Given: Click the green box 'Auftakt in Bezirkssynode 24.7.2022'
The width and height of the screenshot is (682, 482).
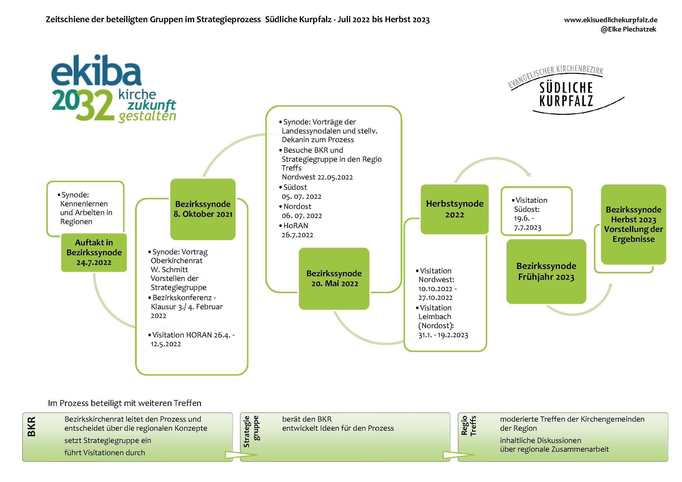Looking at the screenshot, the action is [94, 252].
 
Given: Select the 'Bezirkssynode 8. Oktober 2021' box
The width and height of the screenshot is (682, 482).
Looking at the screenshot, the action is [203, 209].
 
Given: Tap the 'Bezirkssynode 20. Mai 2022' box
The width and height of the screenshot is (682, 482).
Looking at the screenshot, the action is [334, 278].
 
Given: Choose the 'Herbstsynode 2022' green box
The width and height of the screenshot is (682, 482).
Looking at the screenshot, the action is [455, 209].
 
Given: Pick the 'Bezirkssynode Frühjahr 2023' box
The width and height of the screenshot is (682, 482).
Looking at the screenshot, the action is [546, 271].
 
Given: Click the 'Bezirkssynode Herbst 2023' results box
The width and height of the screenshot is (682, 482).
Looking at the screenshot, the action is [633, 224].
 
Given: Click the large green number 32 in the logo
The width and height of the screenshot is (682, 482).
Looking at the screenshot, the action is [97, 105].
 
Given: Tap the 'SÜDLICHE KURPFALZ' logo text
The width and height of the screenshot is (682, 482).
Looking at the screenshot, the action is [566, 94].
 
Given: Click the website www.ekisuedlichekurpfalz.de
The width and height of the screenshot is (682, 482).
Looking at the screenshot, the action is [611, 20].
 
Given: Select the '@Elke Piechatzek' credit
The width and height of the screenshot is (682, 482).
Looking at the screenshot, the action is [628, 29].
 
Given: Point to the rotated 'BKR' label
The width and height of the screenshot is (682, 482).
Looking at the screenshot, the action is [31, 427].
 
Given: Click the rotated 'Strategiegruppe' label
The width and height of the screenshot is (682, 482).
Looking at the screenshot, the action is [251, 431].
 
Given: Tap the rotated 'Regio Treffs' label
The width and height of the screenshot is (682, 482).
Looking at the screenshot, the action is [469, 425].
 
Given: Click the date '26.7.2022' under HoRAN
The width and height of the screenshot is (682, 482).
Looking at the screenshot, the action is [297, 235].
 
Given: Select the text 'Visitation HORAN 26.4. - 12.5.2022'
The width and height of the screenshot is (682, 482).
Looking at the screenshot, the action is [191, 339].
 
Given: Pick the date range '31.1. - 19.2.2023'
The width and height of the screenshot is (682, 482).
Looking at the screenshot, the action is [443, 335].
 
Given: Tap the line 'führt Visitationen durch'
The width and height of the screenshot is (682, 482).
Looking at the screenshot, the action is [105, 453].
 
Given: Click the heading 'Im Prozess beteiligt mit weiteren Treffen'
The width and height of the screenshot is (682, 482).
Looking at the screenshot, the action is [125, 403].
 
